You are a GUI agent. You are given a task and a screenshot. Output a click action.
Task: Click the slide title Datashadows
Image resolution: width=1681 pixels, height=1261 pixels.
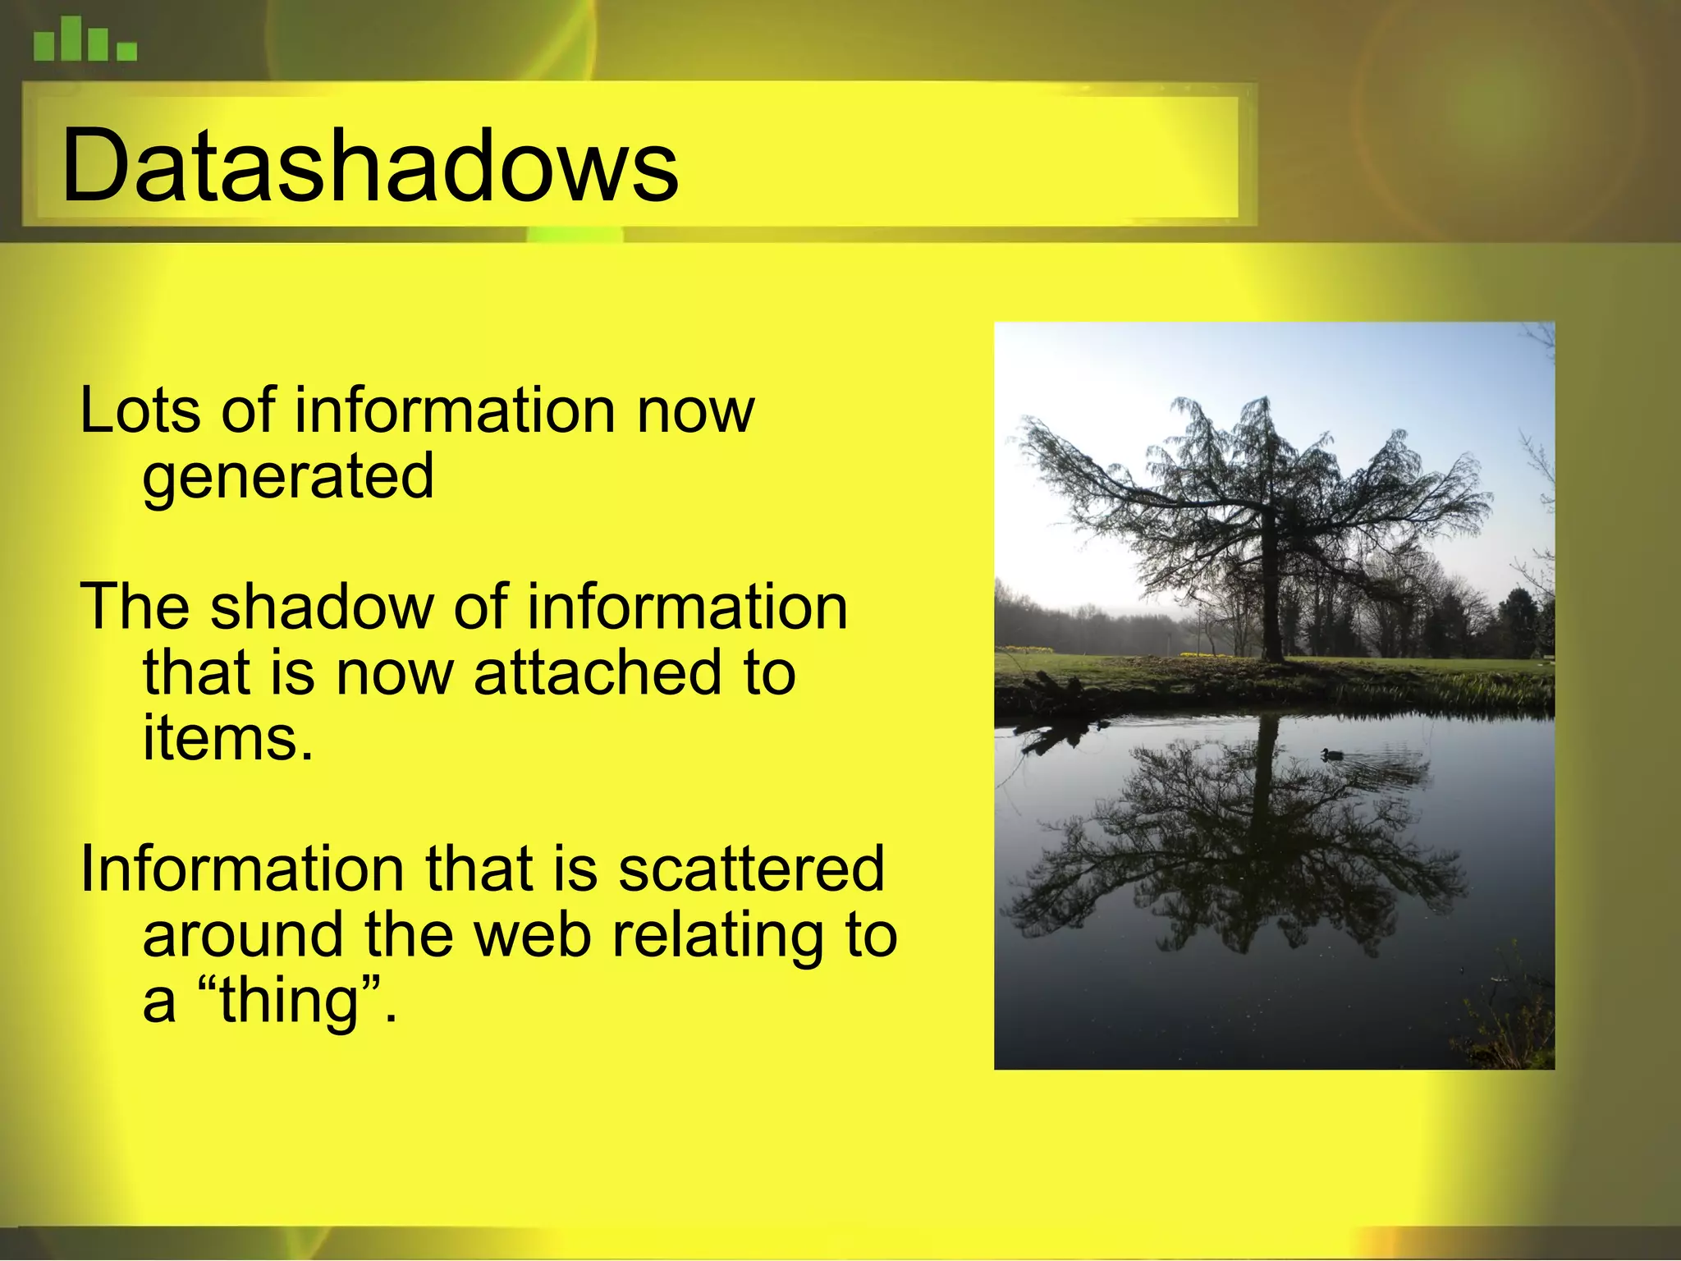[369, 167]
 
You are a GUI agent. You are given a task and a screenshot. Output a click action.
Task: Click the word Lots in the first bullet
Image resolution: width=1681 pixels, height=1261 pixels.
[140, 410]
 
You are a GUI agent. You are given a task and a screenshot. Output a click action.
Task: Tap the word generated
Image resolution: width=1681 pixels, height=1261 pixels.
[287, 478]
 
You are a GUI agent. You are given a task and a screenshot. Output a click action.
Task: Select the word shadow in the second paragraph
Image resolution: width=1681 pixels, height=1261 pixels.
[321, 608]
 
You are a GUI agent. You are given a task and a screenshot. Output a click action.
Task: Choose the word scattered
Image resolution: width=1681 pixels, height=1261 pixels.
[750, 869]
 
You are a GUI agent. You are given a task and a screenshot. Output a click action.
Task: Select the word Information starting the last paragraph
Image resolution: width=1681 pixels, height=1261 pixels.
[241, 869]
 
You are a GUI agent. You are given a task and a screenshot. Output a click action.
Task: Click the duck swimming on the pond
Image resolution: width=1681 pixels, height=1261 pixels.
[1331, 754]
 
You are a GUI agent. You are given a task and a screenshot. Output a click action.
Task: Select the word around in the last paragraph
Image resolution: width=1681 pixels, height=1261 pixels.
[243, 935]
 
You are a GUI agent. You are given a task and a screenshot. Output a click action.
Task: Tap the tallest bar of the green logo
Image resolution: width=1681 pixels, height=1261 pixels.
[71, 39]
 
